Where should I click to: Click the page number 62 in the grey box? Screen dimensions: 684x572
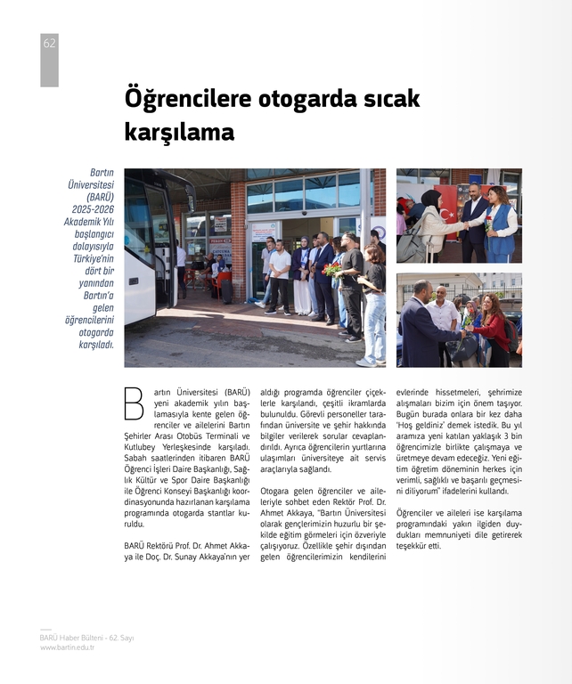pos(49,44)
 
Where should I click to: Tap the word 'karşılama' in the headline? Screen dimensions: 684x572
pos(179,133)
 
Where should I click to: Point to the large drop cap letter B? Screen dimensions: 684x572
pos(133,404)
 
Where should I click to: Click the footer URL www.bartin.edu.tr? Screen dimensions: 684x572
pos(67,647)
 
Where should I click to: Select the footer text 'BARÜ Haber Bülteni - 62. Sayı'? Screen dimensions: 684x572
pos(86,638)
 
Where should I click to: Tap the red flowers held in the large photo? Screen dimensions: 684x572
pos(332,269)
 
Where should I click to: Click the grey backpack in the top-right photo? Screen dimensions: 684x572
pos(413,245)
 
